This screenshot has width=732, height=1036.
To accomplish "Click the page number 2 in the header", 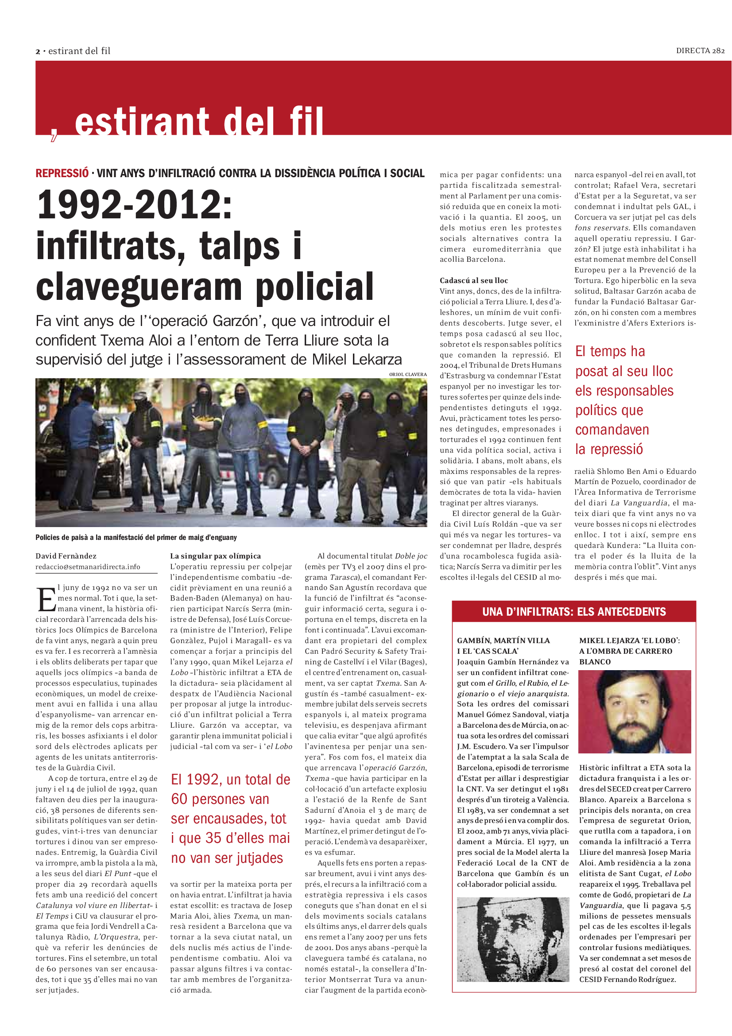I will [x=38, y=51].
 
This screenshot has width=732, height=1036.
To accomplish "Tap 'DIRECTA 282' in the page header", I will [x=700, y=50].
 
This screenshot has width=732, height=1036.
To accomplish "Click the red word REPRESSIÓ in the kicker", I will [x=62, y=173].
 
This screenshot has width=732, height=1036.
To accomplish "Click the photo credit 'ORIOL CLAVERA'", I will [x=408, y=374].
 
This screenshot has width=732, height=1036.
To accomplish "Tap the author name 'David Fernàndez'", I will [x=66, y=556].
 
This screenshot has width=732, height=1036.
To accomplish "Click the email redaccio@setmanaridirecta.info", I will [x=88, y=567].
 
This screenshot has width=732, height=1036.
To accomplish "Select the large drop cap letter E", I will [x=46, y=600].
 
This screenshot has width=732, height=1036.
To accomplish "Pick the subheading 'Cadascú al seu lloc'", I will [x=473, y=280].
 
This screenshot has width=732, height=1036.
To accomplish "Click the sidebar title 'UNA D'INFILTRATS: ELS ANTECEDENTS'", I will [x=574, y=612].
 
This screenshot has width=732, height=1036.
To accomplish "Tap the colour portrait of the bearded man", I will [x=635, y=712].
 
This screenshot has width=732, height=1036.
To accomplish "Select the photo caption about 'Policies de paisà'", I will [x=136, y=537].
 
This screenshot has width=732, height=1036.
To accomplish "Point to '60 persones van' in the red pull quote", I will [x=220, y=799].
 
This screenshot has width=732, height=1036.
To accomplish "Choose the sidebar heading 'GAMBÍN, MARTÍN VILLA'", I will [x=503, y=641].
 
